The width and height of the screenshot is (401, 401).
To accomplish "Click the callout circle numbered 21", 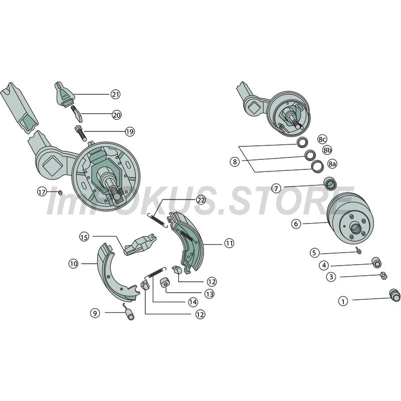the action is click(x=116, y=94).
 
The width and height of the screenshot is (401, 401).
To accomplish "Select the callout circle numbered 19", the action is click(x=130, y=132).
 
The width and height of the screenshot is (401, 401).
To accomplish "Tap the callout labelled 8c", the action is click(x=322, y=139).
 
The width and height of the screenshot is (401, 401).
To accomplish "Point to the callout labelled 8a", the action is click(x=332, y=164).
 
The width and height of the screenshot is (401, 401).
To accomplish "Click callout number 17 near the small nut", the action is click(x=42, y=191).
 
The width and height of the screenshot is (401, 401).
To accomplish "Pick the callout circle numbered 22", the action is click(x=201, y=200).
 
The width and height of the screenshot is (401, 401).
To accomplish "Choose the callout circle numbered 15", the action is click(x=84, y=237).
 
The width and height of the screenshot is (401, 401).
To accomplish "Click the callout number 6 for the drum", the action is click(x=296, y=224).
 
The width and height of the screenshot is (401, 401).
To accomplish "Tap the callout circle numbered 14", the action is click(x=193, y=302).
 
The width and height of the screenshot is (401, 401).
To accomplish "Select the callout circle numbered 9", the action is click(x=95, y=313).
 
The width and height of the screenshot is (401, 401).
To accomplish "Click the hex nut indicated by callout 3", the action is click(x=383, y=276).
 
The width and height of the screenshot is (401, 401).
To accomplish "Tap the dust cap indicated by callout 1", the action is click(x=394, y=296).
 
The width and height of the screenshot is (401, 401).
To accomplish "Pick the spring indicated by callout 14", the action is click(x=155, y=272).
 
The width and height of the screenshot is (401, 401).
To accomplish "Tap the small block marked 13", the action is click(x=165, y=283).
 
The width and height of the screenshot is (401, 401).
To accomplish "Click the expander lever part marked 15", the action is click(x=140, y=244).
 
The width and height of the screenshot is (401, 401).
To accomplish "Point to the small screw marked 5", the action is click(x=358, y=250).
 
